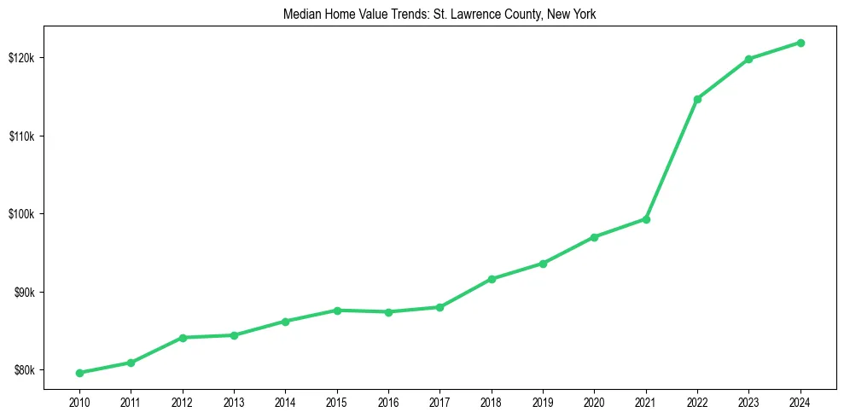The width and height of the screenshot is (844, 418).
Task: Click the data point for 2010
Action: (x=79, y=373)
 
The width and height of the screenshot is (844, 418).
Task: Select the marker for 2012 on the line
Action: (x=182, y=338)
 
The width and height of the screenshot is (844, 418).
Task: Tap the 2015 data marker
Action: (x=337, y=311)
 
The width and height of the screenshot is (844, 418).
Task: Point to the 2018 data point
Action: (x=492, y=279)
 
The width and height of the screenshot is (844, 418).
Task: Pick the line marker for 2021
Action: (x=646, y=219)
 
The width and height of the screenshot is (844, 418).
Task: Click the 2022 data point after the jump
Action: (x=697, y=99)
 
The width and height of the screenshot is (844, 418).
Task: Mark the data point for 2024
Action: (x=800, y=43)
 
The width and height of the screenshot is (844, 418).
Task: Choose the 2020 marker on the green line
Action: (x=594, y=237)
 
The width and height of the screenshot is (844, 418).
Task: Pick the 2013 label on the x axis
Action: (x=234, y=402)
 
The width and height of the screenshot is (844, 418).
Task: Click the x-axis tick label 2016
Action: (x=388, y=402)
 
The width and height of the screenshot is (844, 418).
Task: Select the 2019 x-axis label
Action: (x=543, y=402)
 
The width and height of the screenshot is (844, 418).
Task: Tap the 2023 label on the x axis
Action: (x=748, y=402)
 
